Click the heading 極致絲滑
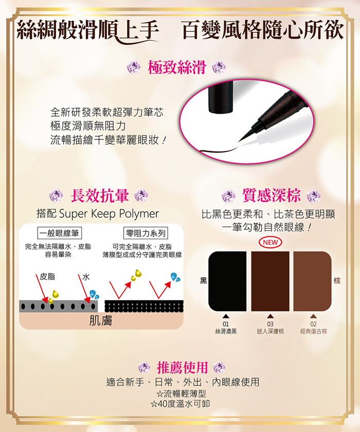click(177, 67)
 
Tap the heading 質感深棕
click(271, 195)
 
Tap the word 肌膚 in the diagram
click(101, 321)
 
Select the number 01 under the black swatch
click(226, 323)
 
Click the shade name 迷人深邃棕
click(271, 331)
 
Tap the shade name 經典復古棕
click(313, 331)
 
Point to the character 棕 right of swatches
click(337, 280)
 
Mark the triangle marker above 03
click(270, 316)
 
